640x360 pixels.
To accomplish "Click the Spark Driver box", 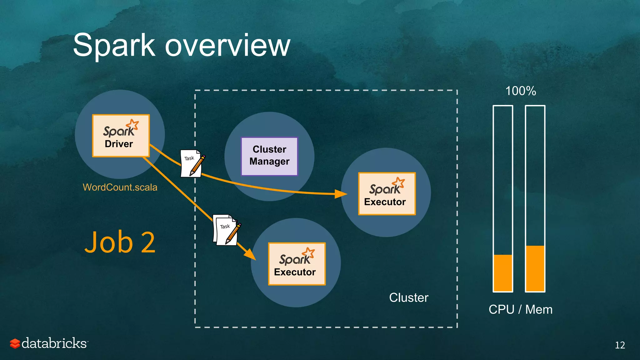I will [x=121, y=136].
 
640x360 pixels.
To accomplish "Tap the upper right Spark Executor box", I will [x=387, y=194].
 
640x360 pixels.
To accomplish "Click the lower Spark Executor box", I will [x=297, y=264].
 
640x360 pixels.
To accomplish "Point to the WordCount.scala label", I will [x=120, y=187].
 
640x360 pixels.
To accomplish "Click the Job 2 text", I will [x=120, y=242].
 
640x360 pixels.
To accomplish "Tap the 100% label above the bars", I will [x=521, y=91].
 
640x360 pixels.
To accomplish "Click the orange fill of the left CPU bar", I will [x=503, y=273].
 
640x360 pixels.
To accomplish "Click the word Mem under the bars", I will [x=539, y=309].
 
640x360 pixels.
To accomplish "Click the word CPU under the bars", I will [x=501, y=309].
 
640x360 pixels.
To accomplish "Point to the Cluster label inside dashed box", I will [x=408, y=297].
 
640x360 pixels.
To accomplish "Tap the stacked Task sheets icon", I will [x=226, y=230].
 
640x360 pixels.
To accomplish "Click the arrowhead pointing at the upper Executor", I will [x=341, y=194].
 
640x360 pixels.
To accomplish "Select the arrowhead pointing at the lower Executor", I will [x=251, y=255].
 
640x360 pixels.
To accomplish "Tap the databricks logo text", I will [x=54, y=343].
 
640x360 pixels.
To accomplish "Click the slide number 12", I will [x=620, y=345].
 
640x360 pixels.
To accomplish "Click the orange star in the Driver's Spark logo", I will [x=133, y=124].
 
